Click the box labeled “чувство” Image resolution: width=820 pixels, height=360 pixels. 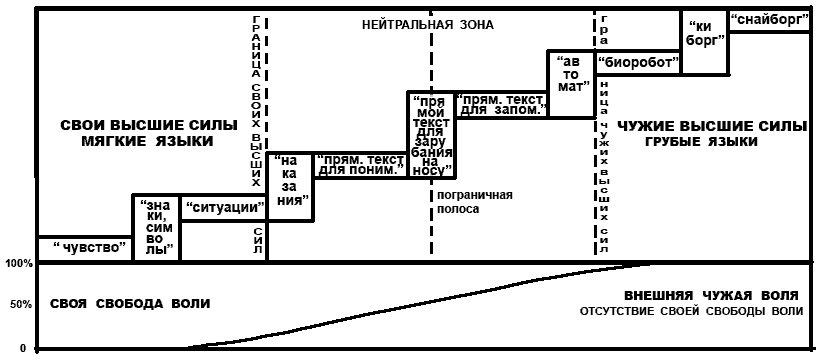85,249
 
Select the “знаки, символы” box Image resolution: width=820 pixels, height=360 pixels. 156,228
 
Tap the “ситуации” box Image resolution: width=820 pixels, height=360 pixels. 224,208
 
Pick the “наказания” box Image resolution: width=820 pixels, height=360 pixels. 290,187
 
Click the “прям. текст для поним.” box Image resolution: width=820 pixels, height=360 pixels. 360,165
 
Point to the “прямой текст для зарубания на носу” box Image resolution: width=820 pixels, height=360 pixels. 431,135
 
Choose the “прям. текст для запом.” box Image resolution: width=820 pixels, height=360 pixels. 502,104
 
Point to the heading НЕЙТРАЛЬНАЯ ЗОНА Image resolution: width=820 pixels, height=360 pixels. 428,25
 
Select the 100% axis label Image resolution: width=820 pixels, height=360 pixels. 19,264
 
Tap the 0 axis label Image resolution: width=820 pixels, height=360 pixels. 23,348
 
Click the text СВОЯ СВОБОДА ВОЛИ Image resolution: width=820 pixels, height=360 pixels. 130,303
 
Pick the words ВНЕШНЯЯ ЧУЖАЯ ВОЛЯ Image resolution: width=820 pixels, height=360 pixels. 712,294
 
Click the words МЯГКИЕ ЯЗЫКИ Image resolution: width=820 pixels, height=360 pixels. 147,141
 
